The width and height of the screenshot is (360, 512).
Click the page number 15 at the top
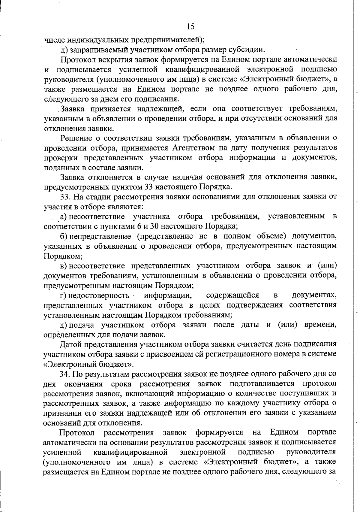[x=190, y=27]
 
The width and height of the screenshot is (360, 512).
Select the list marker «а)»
[x=64, y=216]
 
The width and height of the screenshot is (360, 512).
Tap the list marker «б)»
[x=64, y=236]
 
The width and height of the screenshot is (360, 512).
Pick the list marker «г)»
[x=64, y=295]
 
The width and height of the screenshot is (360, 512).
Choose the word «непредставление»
[x=100, y=236]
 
